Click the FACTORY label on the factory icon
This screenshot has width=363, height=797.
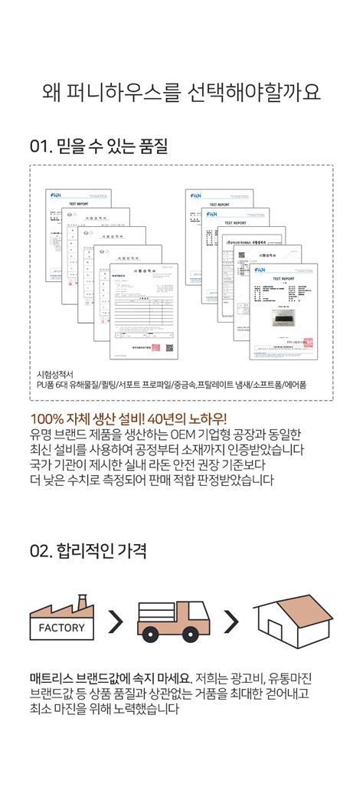(x=61, y=628)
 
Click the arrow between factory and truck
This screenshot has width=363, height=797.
(x=116, y=622)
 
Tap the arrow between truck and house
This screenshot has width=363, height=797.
(x=230, y=622)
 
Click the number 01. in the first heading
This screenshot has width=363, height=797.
(x=40, y=146)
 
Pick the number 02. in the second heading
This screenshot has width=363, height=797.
(x=41, y=550)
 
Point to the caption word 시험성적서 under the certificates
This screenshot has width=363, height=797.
(x=54, y=375)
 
